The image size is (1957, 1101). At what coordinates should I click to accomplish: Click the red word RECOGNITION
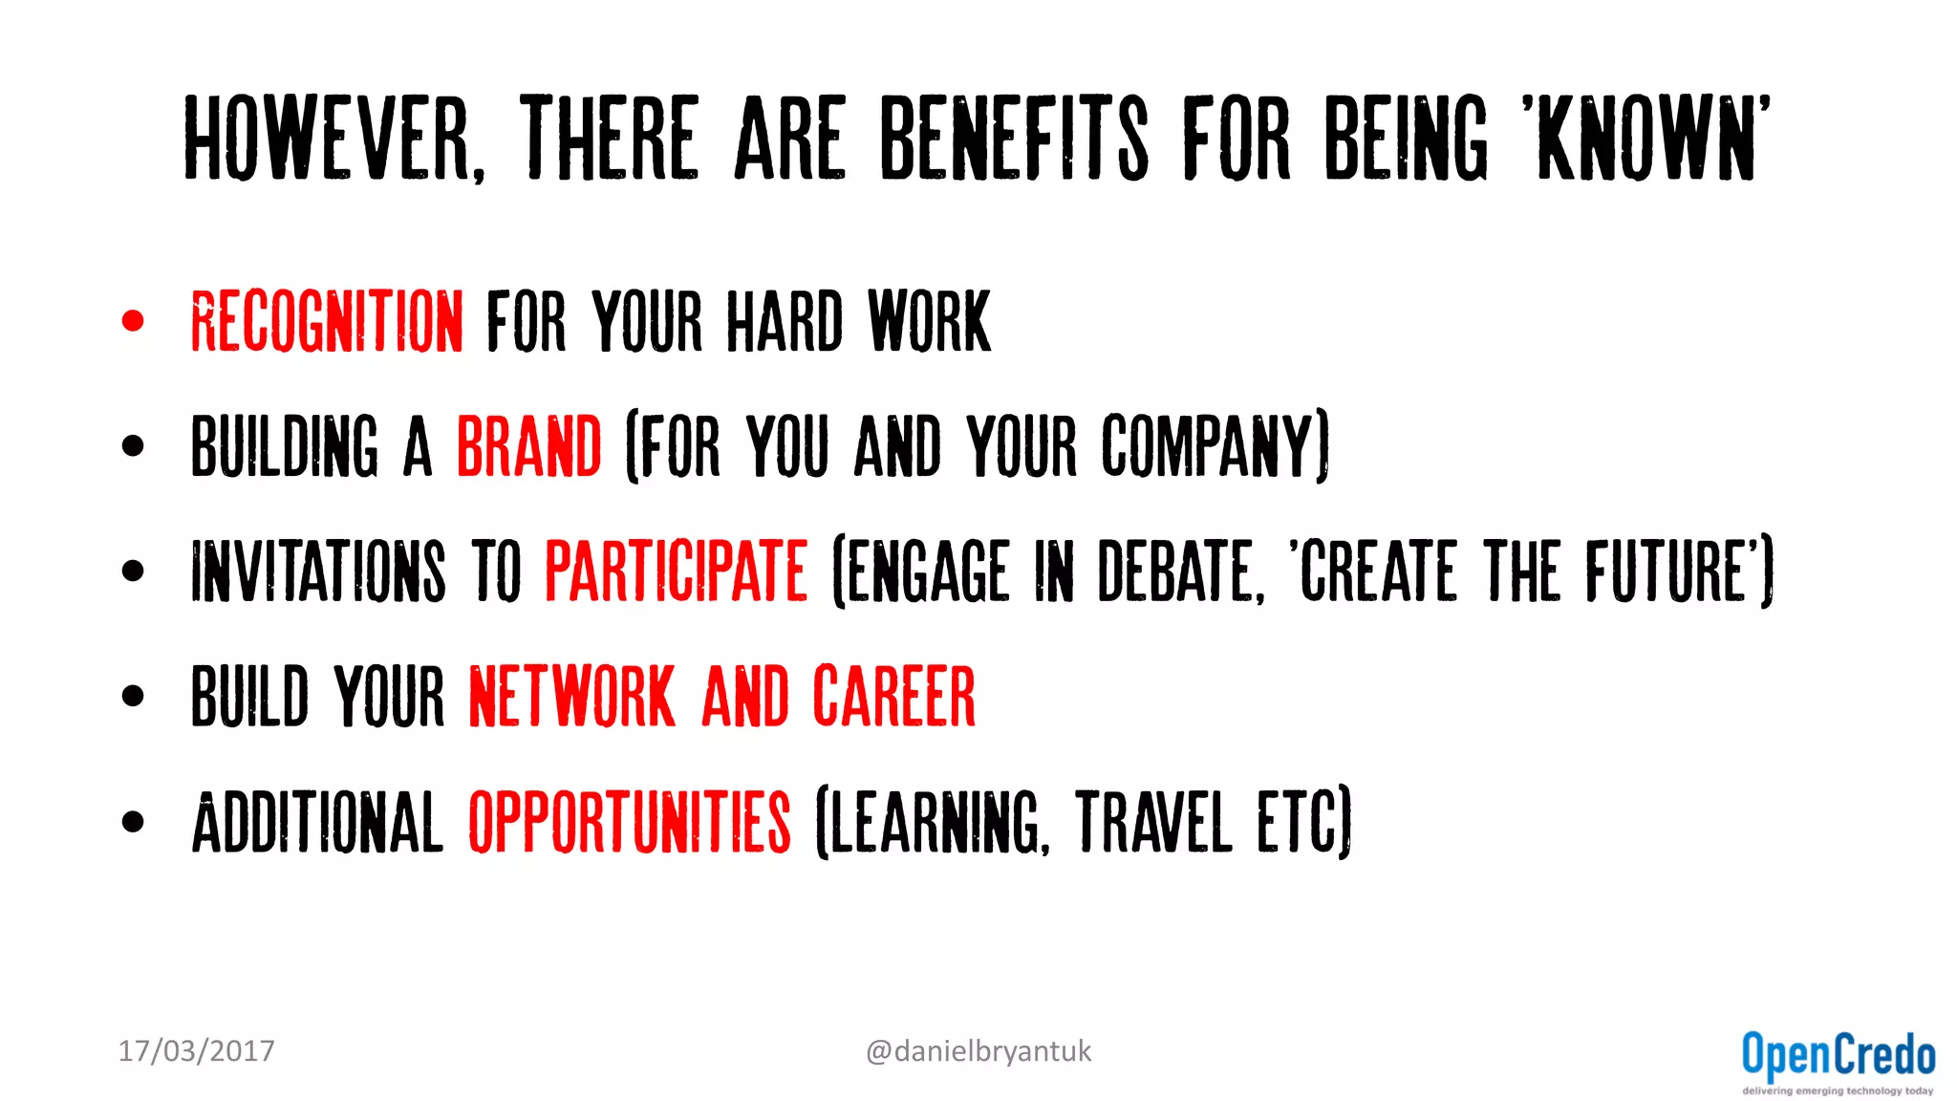click(x=327, y=322)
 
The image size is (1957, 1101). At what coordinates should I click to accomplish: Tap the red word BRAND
click(x=528, y=446)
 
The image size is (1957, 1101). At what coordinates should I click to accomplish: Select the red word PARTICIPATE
click(x=676, y=572)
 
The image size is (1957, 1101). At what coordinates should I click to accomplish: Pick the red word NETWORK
click(x=571, y=697)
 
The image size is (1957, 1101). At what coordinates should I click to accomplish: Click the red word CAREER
click(x=893, y=697)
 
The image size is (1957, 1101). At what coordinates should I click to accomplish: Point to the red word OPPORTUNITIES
click(x=629, y=822)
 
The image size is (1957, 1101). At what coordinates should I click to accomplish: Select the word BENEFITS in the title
click(x=1013, y=140)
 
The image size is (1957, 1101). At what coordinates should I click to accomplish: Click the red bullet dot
click(x=133, y=321)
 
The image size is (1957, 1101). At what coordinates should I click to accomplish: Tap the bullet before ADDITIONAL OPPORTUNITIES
click(x=133, y=821)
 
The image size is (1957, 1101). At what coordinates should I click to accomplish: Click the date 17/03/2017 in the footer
click(x=196, y=1051)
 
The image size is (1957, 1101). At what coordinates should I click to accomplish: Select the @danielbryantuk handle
click(x=978, y=1051)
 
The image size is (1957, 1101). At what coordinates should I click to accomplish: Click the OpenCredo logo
click(x=1838, y=1061)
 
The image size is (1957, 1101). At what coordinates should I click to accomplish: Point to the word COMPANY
click(x=1210, y=446)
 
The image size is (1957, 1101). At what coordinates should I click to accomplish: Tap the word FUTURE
click(x=1667, y=572)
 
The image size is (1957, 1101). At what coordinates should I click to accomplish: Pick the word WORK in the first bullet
click(x=929, y=322)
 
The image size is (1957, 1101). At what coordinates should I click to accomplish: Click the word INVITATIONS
click(x=318, y=572)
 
